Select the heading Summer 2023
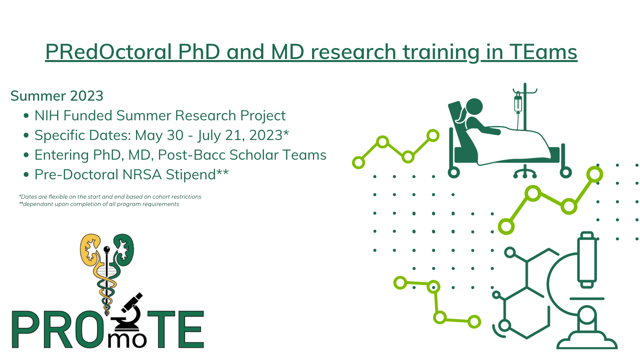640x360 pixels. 57,96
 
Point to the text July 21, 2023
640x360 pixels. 240,135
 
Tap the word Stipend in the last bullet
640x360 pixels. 191,175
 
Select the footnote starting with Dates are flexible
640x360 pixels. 110,197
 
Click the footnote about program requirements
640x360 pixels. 99,204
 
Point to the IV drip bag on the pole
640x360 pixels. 518,103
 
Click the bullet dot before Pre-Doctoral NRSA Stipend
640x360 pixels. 26,175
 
